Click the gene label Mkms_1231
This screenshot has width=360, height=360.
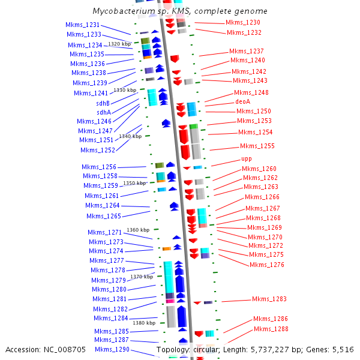(x=82, y=25)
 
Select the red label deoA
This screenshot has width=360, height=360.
(x=242, y=102)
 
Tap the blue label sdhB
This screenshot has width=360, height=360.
(x=103, y=103)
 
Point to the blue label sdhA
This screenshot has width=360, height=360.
(x=103, y=112)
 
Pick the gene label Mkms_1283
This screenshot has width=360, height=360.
(x=269, y=299)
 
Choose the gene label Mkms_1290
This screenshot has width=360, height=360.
(x=112, y=349)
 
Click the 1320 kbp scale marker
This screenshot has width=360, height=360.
(x=119, y=44)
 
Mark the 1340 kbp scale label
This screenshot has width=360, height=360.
(x=130, y=136)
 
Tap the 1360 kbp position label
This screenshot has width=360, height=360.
(x=137, y=230)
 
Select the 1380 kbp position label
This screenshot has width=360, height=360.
(x=143, y=323)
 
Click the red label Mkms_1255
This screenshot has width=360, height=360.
(x=257, y=146)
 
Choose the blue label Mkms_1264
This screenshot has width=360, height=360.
(x=102, y=205)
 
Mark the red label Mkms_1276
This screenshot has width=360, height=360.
(x=266, y=265)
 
